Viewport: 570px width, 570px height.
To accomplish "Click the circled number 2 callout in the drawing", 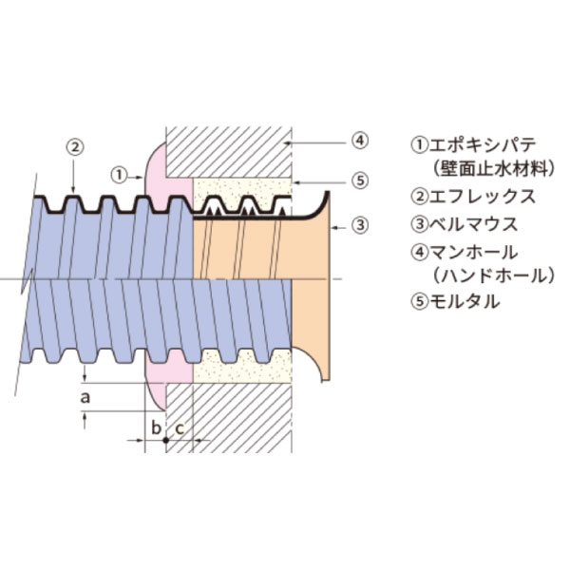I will coord(75,147).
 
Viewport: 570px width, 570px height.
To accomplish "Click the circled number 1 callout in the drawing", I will coord(118,175).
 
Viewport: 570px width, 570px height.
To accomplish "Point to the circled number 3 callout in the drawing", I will coord(359,225).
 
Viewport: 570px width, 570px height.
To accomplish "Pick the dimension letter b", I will coord(155,427).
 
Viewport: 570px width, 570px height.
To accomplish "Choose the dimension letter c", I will coord(179,427).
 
